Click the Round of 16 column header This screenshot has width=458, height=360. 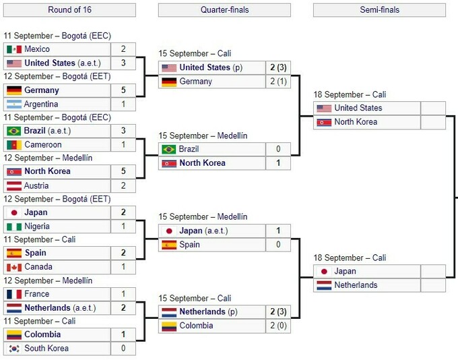click(69, 9)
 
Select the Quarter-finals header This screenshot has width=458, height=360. click(224, 9)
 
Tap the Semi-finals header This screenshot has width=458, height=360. click(379, 9)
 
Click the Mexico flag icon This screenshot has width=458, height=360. click(13, 49)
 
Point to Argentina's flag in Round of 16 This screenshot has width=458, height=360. click(13, 104)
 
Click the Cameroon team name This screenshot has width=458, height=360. click(43, 144)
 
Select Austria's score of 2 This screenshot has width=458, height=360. click(123, 185)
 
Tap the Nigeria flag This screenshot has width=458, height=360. click(13, 227)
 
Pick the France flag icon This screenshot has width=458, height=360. click(13, 294)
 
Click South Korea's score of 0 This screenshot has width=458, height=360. click(123, 349)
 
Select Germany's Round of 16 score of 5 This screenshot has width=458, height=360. click(123, 90)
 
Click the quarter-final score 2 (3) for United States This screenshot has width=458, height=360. click(278, 67)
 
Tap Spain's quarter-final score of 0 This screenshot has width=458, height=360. click(278, 245)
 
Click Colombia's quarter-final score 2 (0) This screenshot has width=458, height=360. click(278, 326)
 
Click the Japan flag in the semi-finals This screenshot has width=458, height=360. click(323, 271)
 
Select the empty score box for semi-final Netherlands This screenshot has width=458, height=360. click(432, 285)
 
